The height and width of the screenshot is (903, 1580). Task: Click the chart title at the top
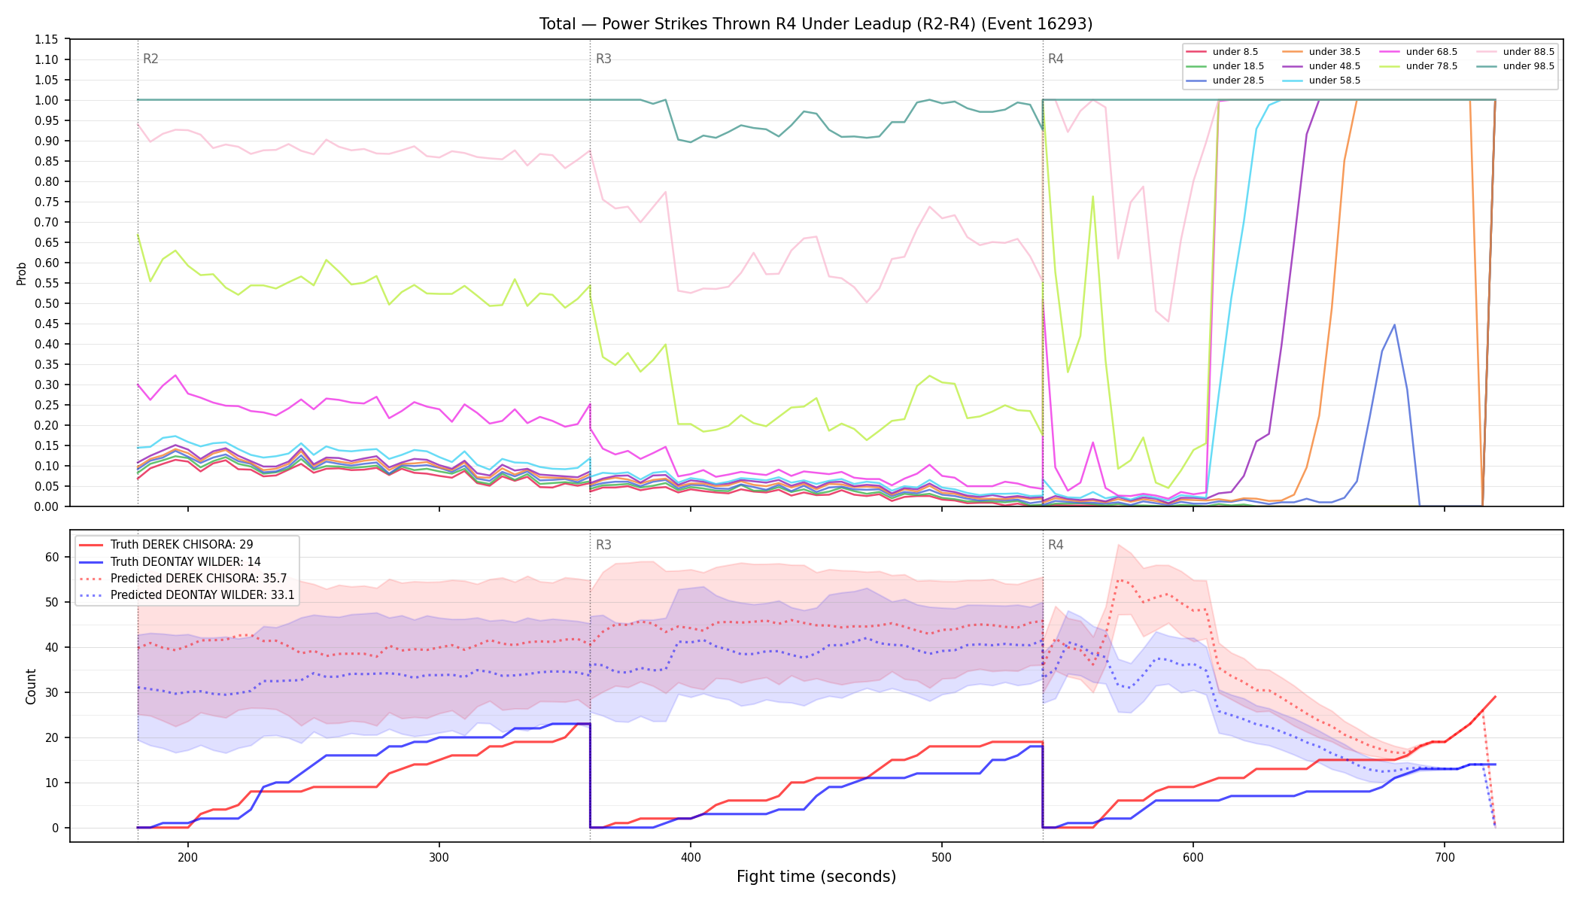(816, 24)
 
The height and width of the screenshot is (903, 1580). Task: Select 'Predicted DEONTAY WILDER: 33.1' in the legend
(187, 595)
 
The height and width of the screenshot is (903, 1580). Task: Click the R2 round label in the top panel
(150, 59)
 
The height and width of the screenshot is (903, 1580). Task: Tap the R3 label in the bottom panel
(603, 545)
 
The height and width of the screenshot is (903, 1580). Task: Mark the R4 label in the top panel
(1056, 59)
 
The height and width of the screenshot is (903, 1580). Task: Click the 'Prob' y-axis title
(22, 273)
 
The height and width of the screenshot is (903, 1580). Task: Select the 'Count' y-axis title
(31, 686)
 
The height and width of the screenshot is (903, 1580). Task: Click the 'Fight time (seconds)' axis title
(816, 877)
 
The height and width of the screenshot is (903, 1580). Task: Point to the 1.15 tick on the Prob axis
(47, 39)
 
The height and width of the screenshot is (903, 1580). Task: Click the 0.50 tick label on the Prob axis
(47, 303)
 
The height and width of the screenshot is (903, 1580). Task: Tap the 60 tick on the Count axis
(51, 557)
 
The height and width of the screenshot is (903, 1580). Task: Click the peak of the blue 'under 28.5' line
(1394, 325)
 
